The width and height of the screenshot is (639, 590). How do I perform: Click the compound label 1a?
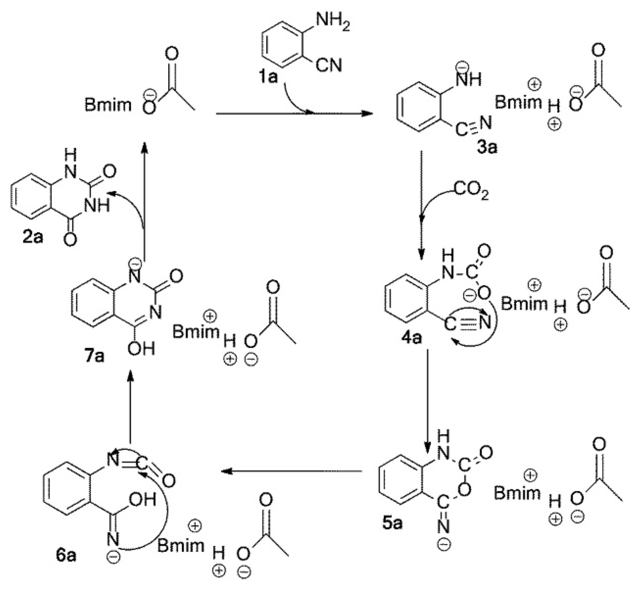coord(269,77)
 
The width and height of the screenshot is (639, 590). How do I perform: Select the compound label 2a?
coord(33,237)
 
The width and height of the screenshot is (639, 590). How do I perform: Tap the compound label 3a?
coord(487,147)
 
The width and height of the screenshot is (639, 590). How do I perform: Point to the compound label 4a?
coord(411,337)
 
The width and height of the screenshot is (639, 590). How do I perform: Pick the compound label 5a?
coord(392,523)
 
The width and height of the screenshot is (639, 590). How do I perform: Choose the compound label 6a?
coord(66,555)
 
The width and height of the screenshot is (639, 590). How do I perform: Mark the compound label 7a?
coord(95,355)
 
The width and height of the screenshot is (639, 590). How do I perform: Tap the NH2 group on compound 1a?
coord(333,23)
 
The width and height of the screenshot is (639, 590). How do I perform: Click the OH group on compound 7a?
coord(141,348)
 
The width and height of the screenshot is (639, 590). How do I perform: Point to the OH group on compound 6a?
coord(143,499)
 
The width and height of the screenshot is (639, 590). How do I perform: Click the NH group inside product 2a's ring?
coord(96,205)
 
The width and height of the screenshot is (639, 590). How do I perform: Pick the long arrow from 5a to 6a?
coord(291,471)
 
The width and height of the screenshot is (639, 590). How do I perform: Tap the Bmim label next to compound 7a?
coord(196,331)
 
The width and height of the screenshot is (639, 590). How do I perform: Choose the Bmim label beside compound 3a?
coord(518,102)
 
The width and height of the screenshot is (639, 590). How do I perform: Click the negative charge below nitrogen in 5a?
coord(444,545)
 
